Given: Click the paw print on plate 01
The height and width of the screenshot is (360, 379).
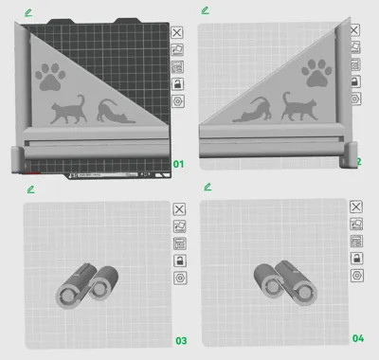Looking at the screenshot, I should click(x=50, y=77).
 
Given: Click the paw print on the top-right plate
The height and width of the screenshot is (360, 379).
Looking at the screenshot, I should click(x=315, y=73).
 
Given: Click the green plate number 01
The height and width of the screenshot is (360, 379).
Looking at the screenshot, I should click(x=176, y=164).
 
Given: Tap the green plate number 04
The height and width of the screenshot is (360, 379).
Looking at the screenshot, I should click(x=358, y=338).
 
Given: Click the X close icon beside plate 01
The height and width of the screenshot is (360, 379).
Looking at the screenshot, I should click(x=177, y=31).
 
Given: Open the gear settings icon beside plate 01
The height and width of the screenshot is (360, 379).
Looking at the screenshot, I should click(x=177, y=100).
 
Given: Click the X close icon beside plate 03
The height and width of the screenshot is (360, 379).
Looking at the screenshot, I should click(x=177, y=208).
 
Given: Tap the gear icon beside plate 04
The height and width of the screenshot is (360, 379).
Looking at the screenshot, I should click(x=356, y=275).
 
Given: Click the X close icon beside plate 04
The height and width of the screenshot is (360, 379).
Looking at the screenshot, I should click(x=356, y=207).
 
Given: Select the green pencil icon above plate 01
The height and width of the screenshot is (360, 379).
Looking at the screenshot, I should click(x=30, y=11).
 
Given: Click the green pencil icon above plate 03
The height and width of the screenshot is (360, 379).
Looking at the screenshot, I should click(x=30, y=189).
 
